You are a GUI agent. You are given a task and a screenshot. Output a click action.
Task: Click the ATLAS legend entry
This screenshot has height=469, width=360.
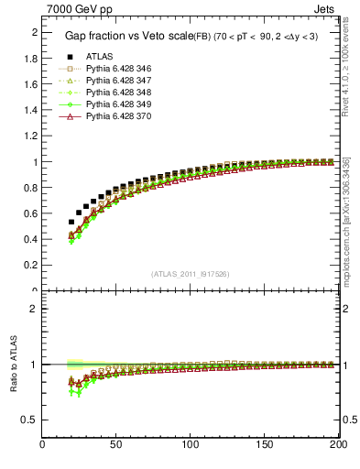99,57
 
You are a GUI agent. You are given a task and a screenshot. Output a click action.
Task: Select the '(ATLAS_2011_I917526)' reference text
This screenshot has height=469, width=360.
190,274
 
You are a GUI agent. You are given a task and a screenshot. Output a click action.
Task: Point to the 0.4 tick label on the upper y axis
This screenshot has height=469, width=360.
29,240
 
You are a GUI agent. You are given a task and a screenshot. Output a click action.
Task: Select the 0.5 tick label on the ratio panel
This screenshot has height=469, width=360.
29,420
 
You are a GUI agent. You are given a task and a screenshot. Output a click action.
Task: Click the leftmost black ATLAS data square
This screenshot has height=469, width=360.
71,222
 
